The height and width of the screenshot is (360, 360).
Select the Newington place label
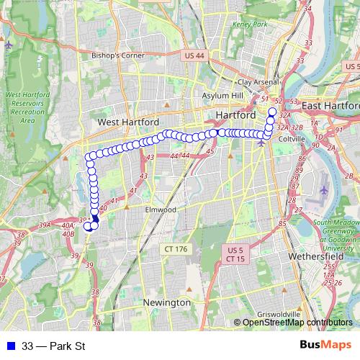pos(166,303)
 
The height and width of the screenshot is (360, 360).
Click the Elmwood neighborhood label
pos(160,210)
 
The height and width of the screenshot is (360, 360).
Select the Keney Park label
pos(250,25)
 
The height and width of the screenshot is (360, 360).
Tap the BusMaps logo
pos(325,346)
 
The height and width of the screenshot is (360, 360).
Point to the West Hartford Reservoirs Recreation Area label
pos(28,107)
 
